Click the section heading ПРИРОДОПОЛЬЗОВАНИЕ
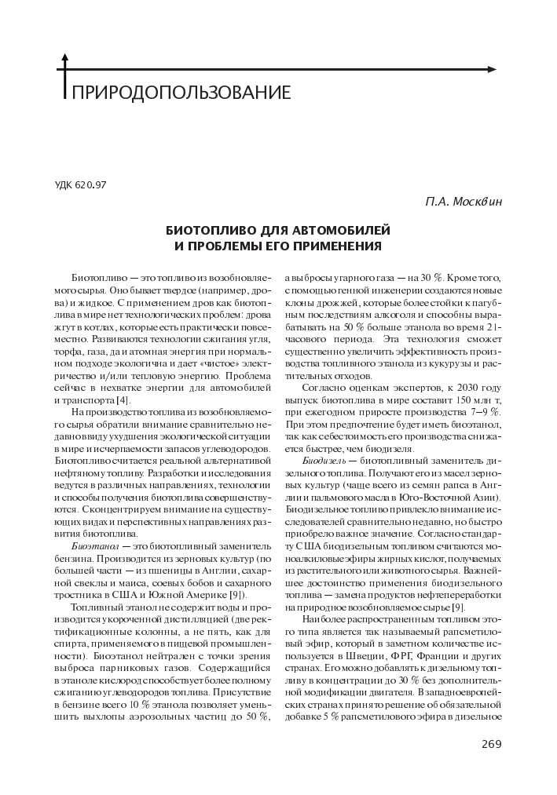pyautogui.click(x=181, y=93)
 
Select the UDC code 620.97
pyautogui.click(x=80, y=185)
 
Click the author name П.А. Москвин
pyautogui.click(x=463, y=202)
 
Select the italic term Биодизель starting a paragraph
pyautogui.click(x=323, y=462)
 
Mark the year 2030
pyautogui.click(x=468, y=388)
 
